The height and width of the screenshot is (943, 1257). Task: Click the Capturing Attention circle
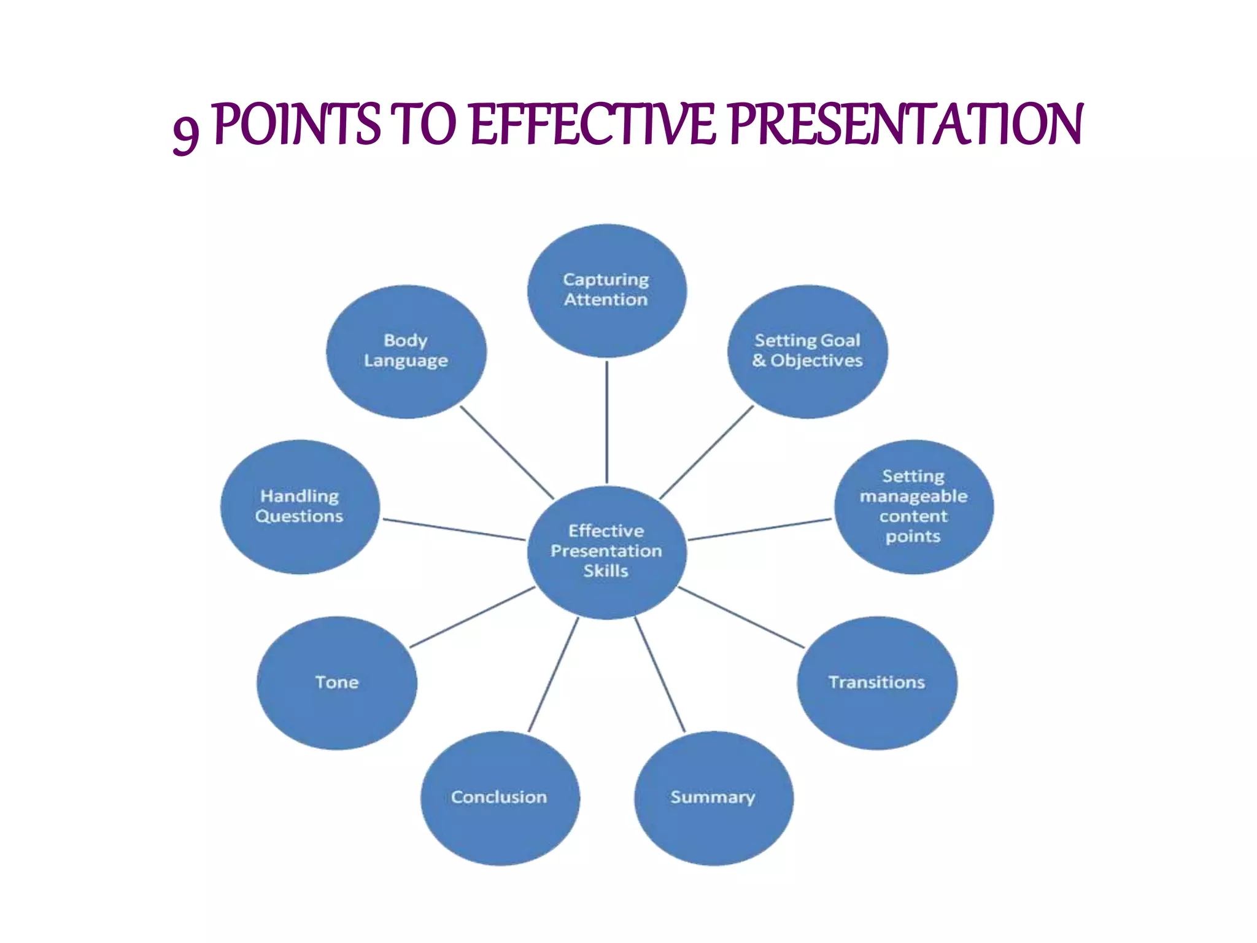coord(606,290)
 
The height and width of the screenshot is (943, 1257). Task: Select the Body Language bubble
coord(406,351)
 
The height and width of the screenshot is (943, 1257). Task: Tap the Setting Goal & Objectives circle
coord(807,351)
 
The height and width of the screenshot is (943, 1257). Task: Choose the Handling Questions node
coord(300,506)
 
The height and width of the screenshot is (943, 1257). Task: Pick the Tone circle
coord(336,683)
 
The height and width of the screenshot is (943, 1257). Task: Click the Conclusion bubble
coord(500,797)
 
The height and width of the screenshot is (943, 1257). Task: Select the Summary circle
coord(713,797)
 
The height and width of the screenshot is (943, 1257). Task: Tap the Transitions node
coord(876,683)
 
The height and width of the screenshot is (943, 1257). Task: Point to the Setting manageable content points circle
coord(913,506)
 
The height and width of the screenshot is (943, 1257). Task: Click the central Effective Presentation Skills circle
coord(606,551)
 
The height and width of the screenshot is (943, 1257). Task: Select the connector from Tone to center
coord(472,617)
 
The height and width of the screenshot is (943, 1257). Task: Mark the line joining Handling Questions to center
coord(454,530)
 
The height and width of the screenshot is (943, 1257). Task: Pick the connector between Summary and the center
coord(660,675)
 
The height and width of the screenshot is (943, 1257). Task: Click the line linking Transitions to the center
coord(741,617)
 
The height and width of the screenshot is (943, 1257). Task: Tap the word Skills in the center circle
coord(606,571)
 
